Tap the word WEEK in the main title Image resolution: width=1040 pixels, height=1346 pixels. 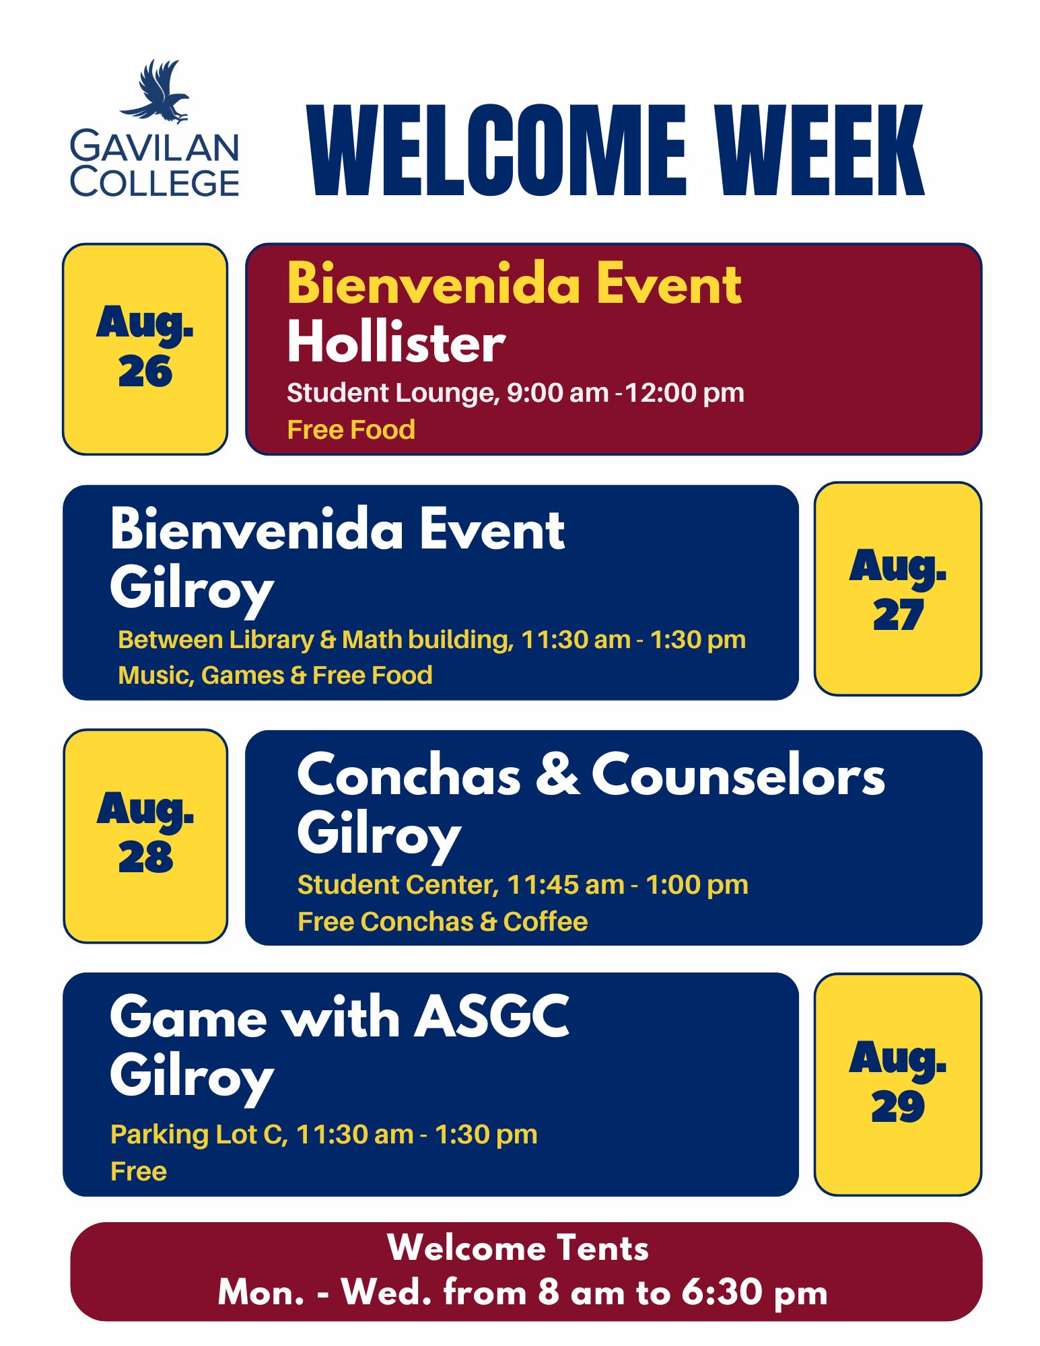(x=819, y=151)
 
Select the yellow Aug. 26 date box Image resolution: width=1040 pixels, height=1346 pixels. (x=145, y=349)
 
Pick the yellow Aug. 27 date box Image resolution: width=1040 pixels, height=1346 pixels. (x=897, y=589)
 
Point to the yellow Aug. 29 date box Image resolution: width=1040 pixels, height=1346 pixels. (x=897, y=1084)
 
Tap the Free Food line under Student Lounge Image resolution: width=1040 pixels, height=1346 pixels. (x=351, y=430)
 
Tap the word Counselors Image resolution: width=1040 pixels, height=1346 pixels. (x=738, y=776)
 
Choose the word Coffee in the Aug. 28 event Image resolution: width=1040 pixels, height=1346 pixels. (x=545, y=922)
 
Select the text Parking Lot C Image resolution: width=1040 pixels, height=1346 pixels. (x=199, y=1135)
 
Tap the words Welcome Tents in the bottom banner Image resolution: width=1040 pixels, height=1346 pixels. (x=518, y=1248)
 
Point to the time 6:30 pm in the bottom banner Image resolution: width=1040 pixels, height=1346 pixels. (x=754, y=1292)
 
